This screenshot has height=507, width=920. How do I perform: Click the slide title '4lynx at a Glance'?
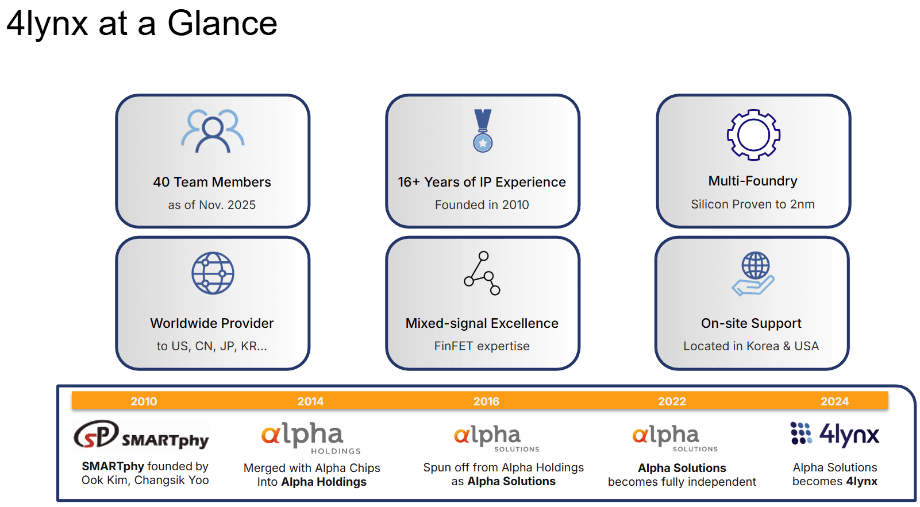pyautogui.click(x=141, y=24)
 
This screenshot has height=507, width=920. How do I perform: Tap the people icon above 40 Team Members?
pyautogui.click(x=213, y=131)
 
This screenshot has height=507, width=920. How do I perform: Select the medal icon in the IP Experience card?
pyautogui.click(x=483, y=131)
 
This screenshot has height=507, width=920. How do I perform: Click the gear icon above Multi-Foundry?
pyautogui.click(x=753, y=134)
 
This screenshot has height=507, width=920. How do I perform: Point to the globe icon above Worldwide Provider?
pyautogui.click(x=213, y=273)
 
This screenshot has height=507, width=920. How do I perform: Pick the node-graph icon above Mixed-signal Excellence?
pyautogui.click(x=482, y=273)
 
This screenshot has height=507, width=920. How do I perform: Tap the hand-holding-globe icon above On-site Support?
pyautogui.click(x=753, y=273)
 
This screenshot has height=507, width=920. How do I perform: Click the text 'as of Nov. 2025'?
pyautogui.click(x=211, y=205)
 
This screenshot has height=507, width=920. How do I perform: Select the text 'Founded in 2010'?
pyautogui.click(x=482, y=205)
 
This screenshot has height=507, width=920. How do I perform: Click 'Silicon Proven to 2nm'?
pyautogui.click(x=753, y=204)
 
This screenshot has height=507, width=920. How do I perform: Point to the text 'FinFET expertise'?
pyautogui.click(x=482, y=346)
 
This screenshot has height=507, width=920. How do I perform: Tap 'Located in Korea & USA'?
pyautogui.click(x=751, y=346)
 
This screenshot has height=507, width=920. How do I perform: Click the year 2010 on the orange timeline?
pyautogui.click(x=144, y=401)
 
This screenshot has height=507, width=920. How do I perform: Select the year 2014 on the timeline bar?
pyautogui.click(x=310, y=401)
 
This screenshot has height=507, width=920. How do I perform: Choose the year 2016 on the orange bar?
pyautogui.click(x=486, y=401)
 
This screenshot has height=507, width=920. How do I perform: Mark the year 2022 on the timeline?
pyautogui.click(x=672, y=401)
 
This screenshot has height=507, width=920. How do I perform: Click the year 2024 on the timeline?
pyautogui.click(x=834, y=401)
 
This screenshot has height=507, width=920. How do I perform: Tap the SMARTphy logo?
pyautogui.click(x=141, y=435)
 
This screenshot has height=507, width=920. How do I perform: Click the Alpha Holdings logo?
pyautogui.click(x=310, y=438)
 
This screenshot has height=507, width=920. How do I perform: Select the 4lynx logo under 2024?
pyautogui.click(x=835, y=434)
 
